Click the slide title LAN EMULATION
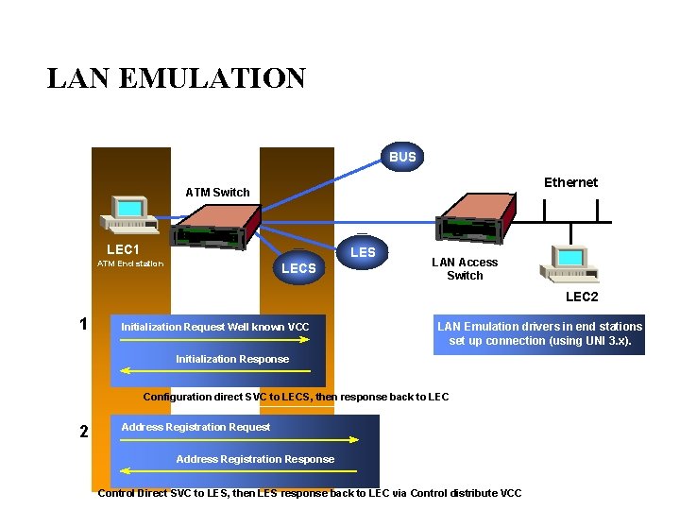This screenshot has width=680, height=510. tap(177, 77)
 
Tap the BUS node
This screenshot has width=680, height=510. tap(402, 157)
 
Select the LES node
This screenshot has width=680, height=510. tap(363, 252)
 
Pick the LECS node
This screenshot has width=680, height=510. tap(298, 268)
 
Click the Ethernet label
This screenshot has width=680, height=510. tap(570, 182)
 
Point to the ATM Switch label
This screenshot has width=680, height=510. tap(217, 193)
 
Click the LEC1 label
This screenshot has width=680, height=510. tap(123, 249)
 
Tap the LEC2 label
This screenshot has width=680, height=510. tap(582, 297)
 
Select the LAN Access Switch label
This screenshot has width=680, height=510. tap(465, 269)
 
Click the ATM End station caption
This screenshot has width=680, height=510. tap(130, 263)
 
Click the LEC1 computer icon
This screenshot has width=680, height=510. tap(129, 213)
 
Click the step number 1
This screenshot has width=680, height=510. tap(84, 324)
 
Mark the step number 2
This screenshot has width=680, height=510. tap(84, 432)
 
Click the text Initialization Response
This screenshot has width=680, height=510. tap(232, 359)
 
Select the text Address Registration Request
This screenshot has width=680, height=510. tap(195, 427)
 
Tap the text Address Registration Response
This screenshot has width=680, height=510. tap(255, 459)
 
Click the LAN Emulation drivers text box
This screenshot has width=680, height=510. tap(539, 334)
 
